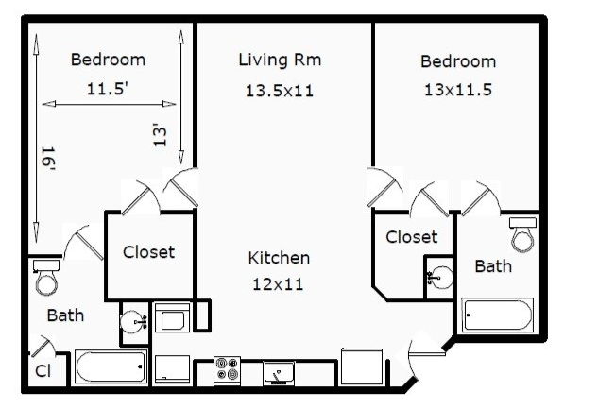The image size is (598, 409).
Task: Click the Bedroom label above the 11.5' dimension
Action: (x=109, y=60)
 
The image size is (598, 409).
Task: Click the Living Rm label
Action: (x=279, y=60)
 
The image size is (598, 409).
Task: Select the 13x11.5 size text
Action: (x=458, y=91)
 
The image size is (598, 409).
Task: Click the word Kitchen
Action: (x=279, y=258)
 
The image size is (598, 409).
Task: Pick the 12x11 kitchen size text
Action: (x=279, y=282)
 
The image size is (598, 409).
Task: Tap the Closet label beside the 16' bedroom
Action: (x=149, y=253)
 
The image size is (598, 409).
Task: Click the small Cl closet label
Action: (x=43, y=371)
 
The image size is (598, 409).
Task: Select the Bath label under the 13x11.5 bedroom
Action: (x=493, y=266)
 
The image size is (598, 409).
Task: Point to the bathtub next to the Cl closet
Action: (x=111, y=366)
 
